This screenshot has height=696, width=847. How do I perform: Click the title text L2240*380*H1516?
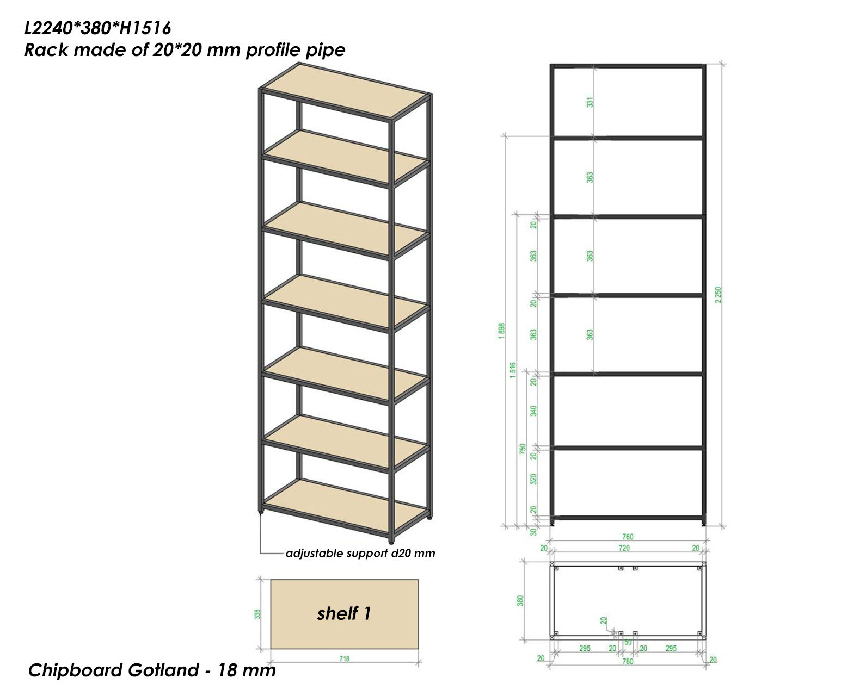pyautogui.click(x=97, y=28)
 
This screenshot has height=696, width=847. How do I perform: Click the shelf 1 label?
pyautogui.click(x=344, y=613)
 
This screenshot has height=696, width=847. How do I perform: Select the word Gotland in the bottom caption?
pyautogui.click(x=163, y=670)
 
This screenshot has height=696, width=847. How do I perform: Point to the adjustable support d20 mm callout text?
pyautogui.click(x=360, y=554)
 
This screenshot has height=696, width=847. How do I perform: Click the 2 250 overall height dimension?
pyautogui.click(x=718, y=295)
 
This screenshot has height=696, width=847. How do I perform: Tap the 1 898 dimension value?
pyautogui.click(x=501, y=331)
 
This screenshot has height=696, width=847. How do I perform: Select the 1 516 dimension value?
pyautogui.click(x=512, y=370)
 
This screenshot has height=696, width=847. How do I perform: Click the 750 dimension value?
pyautogui.click(x=523, y=449)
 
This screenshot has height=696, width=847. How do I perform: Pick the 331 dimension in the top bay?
pyautogui.click(x=590, y=102)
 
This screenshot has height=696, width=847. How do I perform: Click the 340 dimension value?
pyautogui.click(x=533, y=411)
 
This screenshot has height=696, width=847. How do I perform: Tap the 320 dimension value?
pyautogui.click(x=533, y=479)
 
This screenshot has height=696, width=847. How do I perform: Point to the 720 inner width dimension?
pyautogui.click(x=624, y=548)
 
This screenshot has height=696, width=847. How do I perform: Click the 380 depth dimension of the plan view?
pyautogui.click(x=520, y=600)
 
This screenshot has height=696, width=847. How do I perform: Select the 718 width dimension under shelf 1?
pyautogui.click(x=344, y=658)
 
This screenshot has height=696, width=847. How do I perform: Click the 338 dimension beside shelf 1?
pyautogui.click(x=257, y=614)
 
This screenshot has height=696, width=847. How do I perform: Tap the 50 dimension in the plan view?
pyautogui.click(x=628, y=642)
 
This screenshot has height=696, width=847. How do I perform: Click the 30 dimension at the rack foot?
pyautogui.click(x=533, y=532)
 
